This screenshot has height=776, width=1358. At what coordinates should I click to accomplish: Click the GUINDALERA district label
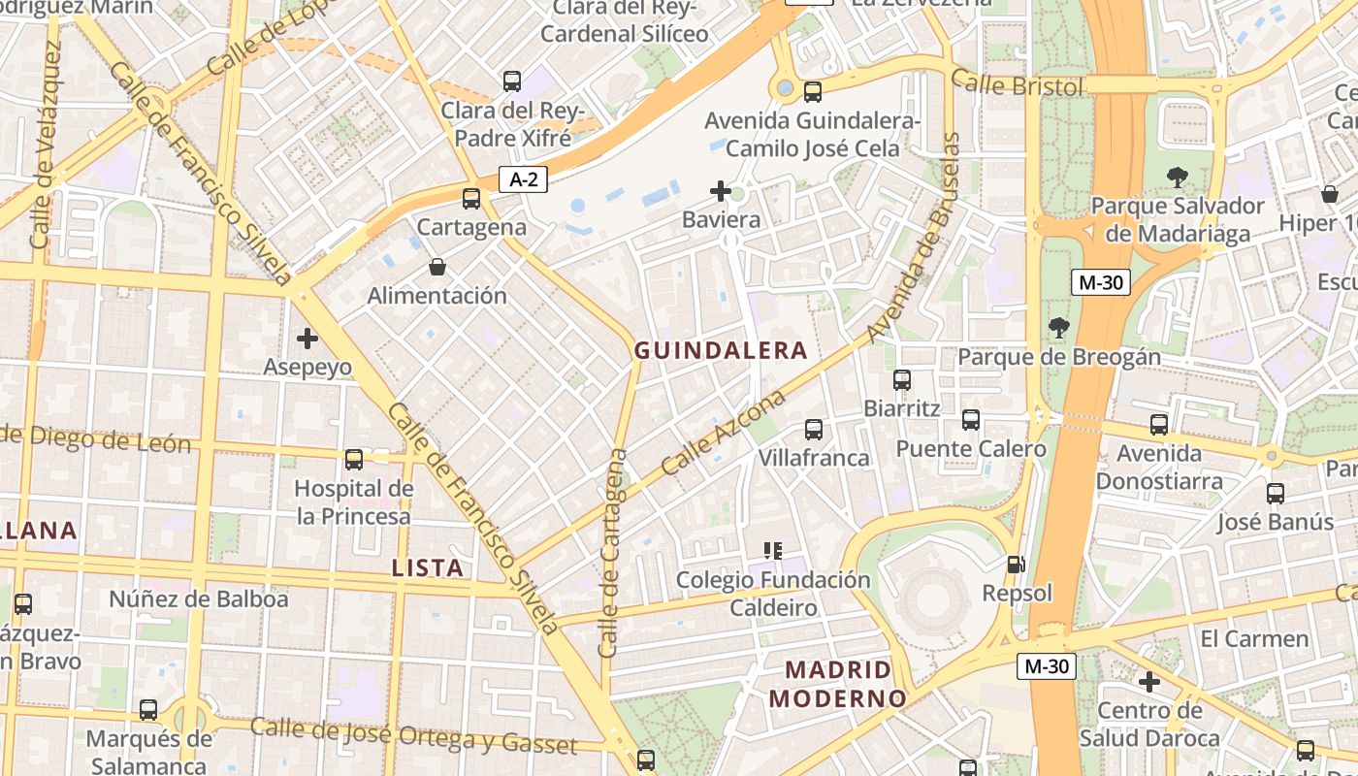point(720,350)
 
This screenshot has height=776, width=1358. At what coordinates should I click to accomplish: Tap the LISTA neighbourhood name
point(428,568)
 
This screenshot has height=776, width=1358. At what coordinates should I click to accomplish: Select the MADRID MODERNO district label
point(837,684)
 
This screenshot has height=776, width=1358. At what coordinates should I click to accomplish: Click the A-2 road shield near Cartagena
point(523,178)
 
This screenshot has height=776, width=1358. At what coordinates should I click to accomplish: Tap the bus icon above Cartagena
point(471,199)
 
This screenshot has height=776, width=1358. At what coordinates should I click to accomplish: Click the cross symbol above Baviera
point(721,191)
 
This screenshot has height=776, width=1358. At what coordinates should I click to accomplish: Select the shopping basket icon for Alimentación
point(437,267)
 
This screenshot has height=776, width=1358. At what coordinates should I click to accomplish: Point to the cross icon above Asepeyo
point(307,339)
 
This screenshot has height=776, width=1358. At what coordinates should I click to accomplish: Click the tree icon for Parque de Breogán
point(1058,328)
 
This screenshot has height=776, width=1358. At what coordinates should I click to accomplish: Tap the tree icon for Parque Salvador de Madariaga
point(1178,177)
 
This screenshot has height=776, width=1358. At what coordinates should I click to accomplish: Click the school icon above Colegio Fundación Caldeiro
point(773,551)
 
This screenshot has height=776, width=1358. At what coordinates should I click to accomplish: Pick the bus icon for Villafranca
point(814,429)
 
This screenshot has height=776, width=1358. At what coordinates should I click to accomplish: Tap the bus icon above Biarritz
point(902,379)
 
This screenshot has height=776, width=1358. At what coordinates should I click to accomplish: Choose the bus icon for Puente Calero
point(971,420)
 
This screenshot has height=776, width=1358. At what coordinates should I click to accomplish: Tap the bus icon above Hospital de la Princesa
point(354,459)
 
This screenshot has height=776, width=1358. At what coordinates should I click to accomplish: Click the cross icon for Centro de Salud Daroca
point(1149,682)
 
